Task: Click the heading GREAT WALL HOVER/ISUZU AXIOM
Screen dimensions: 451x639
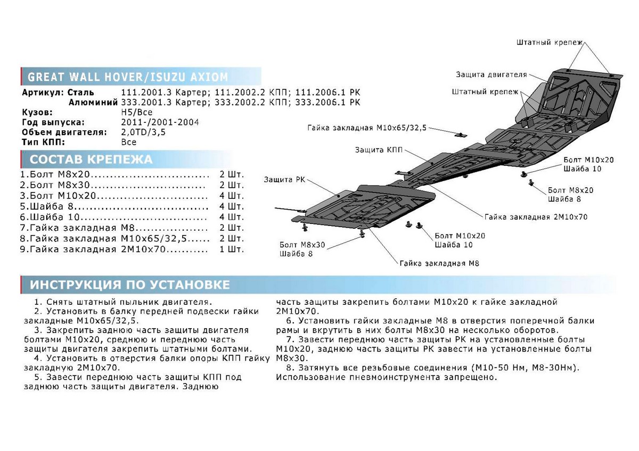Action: click(x=128, y=77)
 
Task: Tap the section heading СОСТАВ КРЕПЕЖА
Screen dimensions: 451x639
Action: click(x=91, y=160)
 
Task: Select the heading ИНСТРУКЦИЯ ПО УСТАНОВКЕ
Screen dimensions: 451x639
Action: click(x=130, y=285)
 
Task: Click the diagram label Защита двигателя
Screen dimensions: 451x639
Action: click(x=491, y=74)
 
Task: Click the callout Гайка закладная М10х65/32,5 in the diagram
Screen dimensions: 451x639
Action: click(x=367, y=128)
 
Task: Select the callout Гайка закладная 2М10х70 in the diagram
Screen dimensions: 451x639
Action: click(x=536, y=217)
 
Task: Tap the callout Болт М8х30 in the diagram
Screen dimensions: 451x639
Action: click(x=302, y=245)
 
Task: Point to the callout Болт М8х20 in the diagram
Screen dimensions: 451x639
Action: click(x=570, y=190)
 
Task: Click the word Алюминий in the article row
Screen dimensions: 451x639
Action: click(x=91, y=103)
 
